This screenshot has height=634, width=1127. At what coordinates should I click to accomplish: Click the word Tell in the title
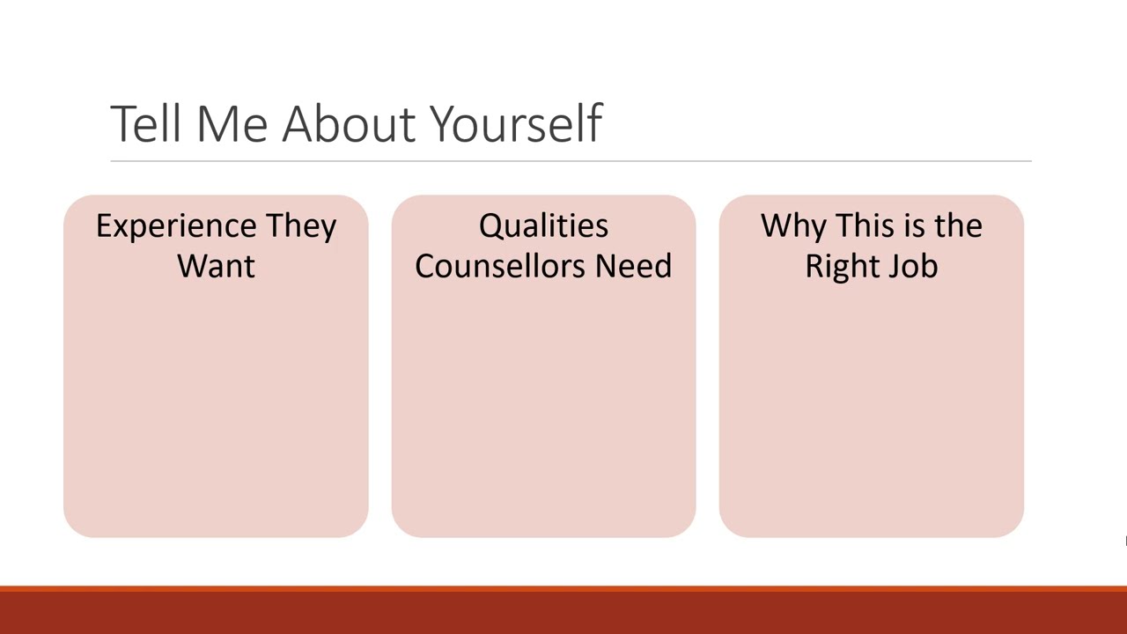[x=146, y=123]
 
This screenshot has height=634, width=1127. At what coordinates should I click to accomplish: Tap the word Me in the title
[x=232, y=123]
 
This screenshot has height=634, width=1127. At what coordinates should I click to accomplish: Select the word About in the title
[x=350, y=123]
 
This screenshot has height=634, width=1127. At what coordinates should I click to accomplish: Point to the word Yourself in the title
[x=516, y=125]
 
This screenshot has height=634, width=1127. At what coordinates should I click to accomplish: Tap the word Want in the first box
[x=216, y=266]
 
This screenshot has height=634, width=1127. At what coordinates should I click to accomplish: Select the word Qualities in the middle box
[x=543, y=227]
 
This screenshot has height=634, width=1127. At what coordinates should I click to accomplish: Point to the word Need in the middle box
[x=633, y=266]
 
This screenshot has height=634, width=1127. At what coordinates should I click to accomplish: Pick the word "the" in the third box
[x=958, y=226]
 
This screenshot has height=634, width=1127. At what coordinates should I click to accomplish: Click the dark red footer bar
[x=563, y=611]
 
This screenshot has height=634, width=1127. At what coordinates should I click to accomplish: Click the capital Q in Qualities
[x=491, y=227]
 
